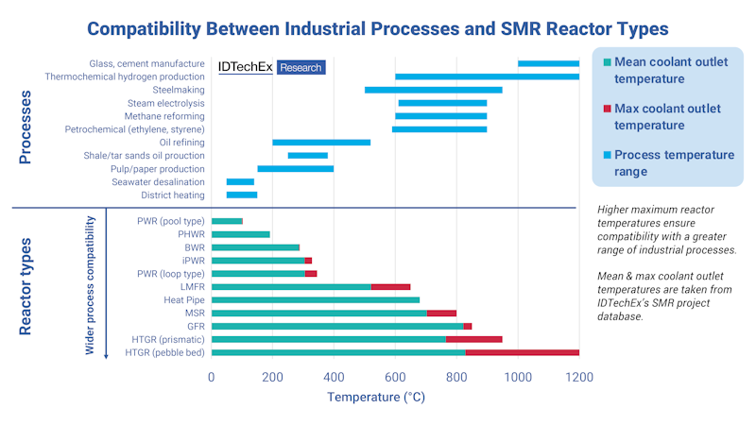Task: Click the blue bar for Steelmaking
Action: click(433, 90)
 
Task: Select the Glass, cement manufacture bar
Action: click(548, 63)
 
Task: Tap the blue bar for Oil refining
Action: click(321, 143)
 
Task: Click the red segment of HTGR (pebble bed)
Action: click(522, 352)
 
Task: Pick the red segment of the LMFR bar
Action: click(390, 286)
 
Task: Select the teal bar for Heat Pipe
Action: click(316, 299)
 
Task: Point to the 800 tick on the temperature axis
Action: click(456, 376)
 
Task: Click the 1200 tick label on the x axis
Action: click(578, 376)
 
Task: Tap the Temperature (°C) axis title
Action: click(376, 398)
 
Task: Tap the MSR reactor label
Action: click(194, 313)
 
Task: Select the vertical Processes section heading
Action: click(26, 127)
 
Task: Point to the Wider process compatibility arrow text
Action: click(91, 284)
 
